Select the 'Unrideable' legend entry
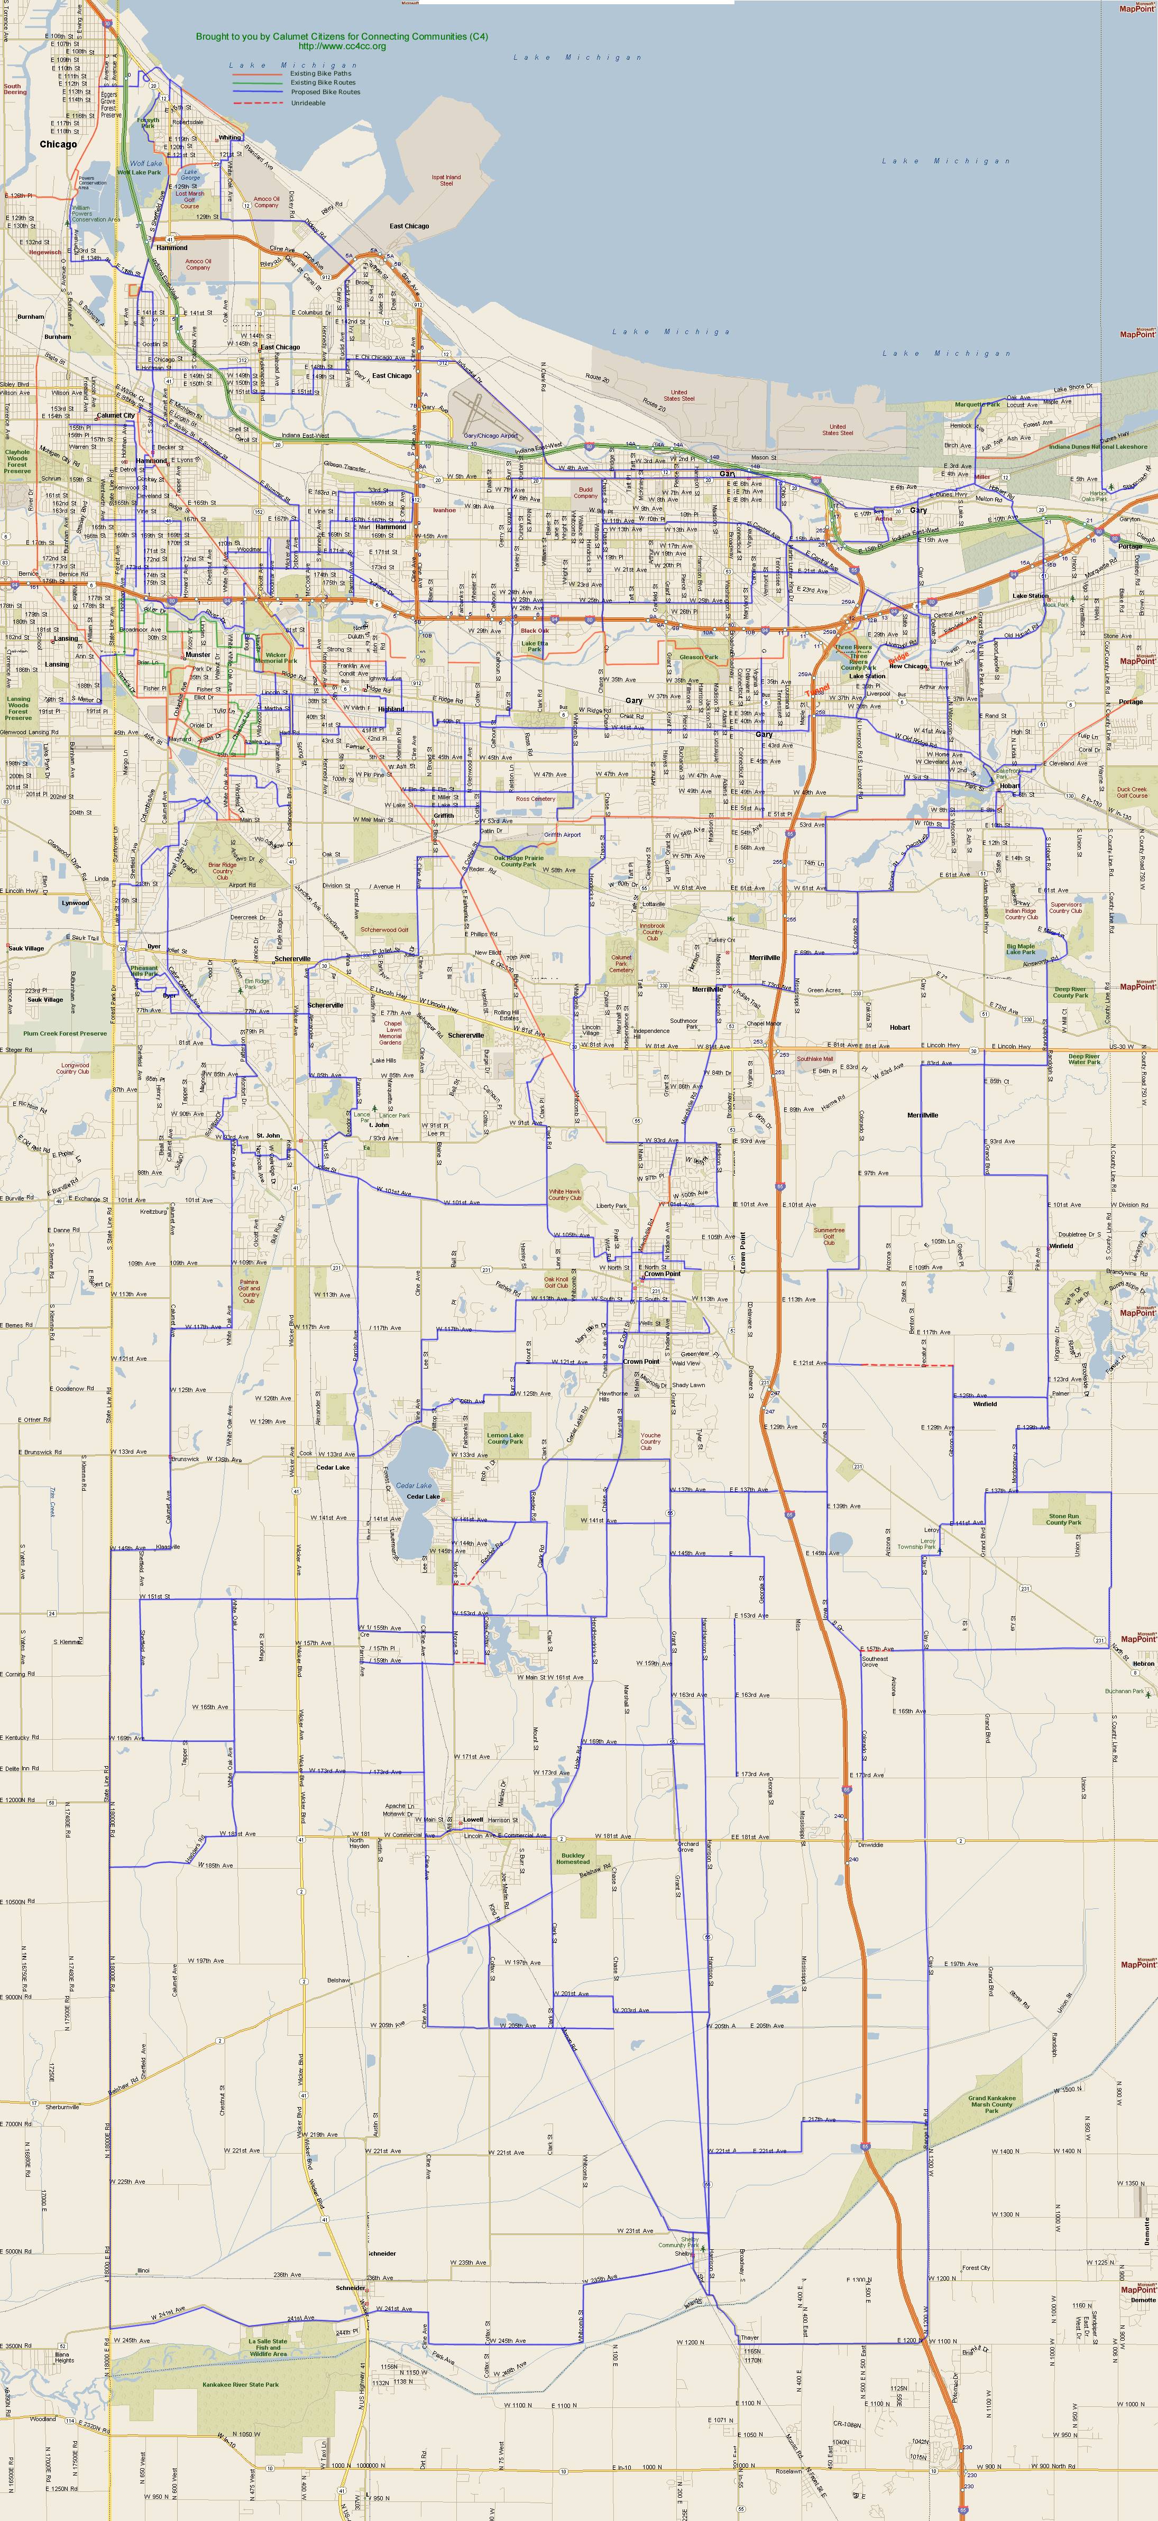point(308,103)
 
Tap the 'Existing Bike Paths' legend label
point(320,73)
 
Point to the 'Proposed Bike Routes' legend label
point(325,92)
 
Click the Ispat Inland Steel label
point(446,180)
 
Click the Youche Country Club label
point(650,1440)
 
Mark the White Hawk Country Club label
point(565,1195)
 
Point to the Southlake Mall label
point(814,1058)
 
